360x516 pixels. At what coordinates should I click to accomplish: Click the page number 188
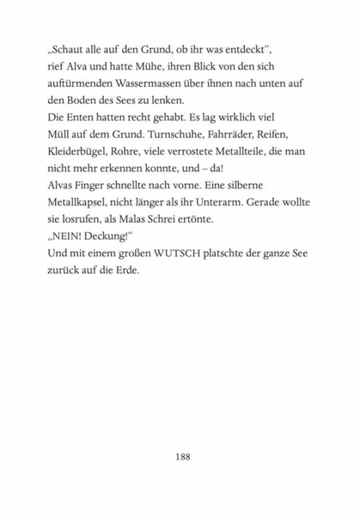pyautogui.click(x=180, y=457)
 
